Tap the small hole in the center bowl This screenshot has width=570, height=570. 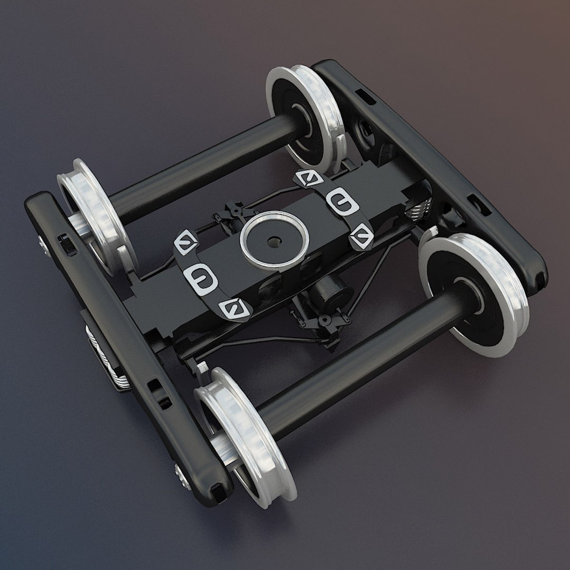click(273, 242)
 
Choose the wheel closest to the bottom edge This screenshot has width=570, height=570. click(245, 435)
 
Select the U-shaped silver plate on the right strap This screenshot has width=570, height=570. click(338, 201)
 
